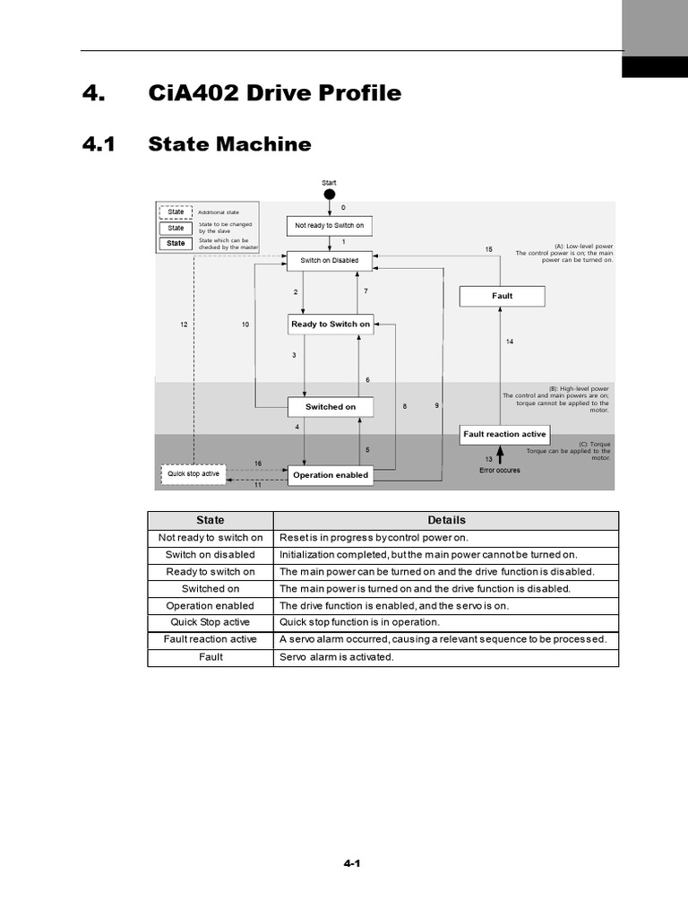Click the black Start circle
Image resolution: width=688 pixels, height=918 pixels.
(329, 194)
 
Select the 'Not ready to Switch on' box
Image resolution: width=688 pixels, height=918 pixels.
(330, 225)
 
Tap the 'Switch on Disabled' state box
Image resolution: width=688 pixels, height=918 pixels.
(329, 261)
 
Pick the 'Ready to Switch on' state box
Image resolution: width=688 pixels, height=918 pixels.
(330, 324)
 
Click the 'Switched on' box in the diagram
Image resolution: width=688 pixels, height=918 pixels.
(330, 407)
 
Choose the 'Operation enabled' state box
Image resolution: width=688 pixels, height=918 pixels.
(330, 475)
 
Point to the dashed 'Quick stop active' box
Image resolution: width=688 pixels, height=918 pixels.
(193, 473)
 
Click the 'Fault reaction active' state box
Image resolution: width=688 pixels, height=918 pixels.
(503, 434)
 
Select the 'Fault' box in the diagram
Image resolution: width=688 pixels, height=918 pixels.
(502, 296)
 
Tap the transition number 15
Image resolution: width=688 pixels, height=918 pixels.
(488, 249)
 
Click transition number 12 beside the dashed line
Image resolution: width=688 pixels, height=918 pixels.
(184, 324)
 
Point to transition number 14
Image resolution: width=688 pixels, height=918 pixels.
(510, 342)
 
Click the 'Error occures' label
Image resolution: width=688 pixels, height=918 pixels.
(499, 470)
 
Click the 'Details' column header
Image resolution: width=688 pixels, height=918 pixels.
(446, 520)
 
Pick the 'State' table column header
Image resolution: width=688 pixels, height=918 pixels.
(211, 520)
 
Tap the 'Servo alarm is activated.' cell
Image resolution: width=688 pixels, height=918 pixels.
(337, 657)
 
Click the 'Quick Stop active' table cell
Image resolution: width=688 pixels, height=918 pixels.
(211, 622)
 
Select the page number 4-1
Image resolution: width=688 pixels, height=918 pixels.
(351, 864)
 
